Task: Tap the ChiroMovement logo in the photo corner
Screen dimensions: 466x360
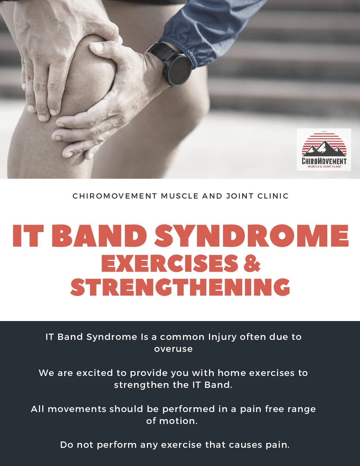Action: (324, 150)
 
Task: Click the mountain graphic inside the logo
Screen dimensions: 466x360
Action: (324, 149)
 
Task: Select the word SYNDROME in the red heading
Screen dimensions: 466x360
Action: (251, 236)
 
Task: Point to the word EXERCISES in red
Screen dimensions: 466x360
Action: (170, 263)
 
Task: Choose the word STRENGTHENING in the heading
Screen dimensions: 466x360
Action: (180, 287)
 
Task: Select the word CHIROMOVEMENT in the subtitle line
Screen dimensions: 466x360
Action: (115, 196)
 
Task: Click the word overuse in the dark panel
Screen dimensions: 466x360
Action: (173, 349)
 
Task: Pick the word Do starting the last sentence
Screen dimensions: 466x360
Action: (67, 445)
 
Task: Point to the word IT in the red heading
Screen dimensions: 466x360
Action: (28, 236)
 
